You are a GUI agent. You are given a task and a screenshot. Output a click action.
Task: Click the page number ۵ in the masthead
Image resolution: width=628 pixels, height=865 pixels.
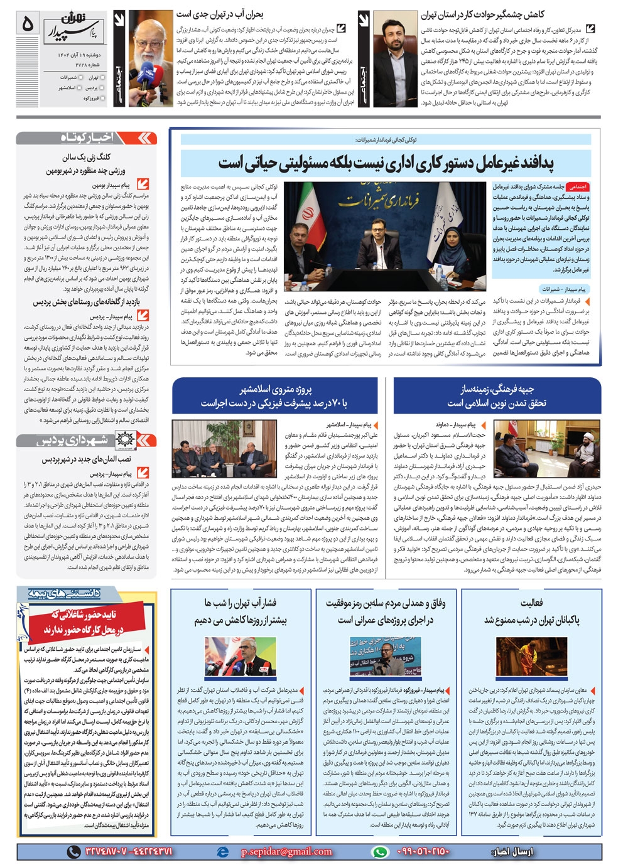(27, 24)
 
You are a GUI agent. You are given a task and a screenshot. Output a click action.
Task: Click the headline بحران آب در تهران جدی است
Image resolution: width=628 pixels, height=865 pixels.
(219, 13)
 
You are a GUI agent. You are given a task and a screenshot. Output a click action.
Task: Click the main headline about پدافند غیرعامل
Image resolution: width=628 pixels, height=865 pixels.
(386, 163)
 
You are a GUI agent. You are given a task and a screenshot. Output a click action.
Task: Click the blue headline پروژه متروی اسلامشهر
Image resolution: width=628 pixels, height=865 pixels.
(276, 395)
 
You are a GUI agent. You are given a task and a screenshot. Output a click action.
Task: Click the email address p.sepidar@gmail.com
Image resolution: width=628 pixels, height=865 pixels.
(286, 851)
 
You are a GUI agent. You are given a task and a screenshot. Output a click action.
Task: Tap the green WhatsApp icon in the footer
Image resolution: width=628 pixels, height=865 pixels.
(379, 851)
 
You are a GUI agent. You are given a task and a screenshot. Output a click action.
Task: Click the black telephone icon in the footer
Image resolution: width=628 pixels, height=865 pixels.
(73, 851)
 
